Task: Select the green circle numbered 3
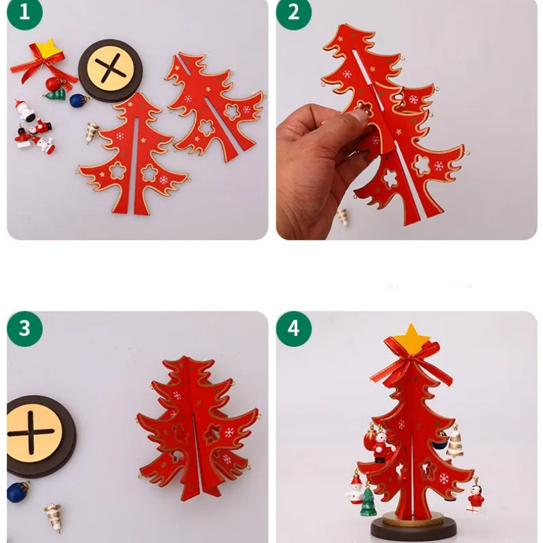pos(24,329)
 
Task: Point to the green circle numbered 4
pos(293,329)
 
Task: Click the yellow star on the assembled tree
pos(410,337)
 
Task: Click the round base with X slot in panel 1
pos(111,71)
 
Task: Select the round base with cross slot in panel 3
pos(34,434)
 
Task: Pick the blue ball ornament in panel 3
pos(18,491)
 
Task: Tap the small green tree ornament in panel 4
pos(367,502)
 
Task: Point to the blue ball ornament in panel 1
pos(78,100)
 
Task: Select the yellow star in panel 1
pos(47,48)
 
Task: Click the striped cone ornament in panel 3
pos(52,516)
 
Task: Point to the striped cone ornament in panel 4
pos(455,441)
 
